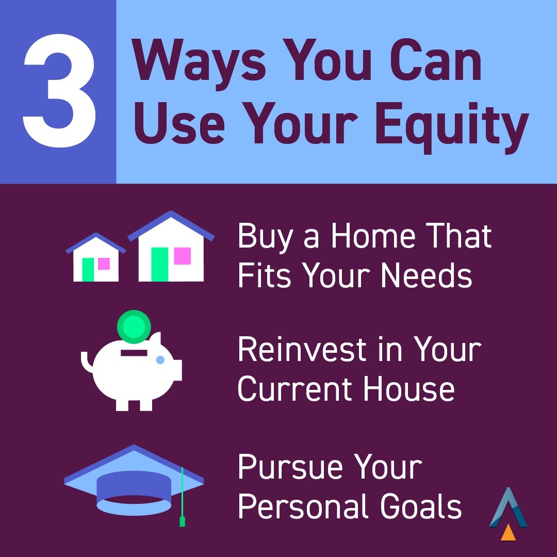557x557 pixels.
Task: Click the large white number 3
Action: [58, 92]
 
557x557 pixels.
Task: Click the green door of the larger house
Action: [160, 264]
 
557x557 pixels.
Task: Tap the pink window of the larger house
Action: [183, 256]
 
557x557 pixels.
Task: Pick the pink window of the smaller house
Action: [104, 264]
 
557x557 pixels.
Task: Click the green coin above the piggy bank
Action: [134, 326]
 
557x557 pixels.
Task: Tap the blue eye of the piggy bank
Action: [160, 359]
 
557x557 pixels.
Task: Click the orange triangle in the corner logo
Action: [509, 532]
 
